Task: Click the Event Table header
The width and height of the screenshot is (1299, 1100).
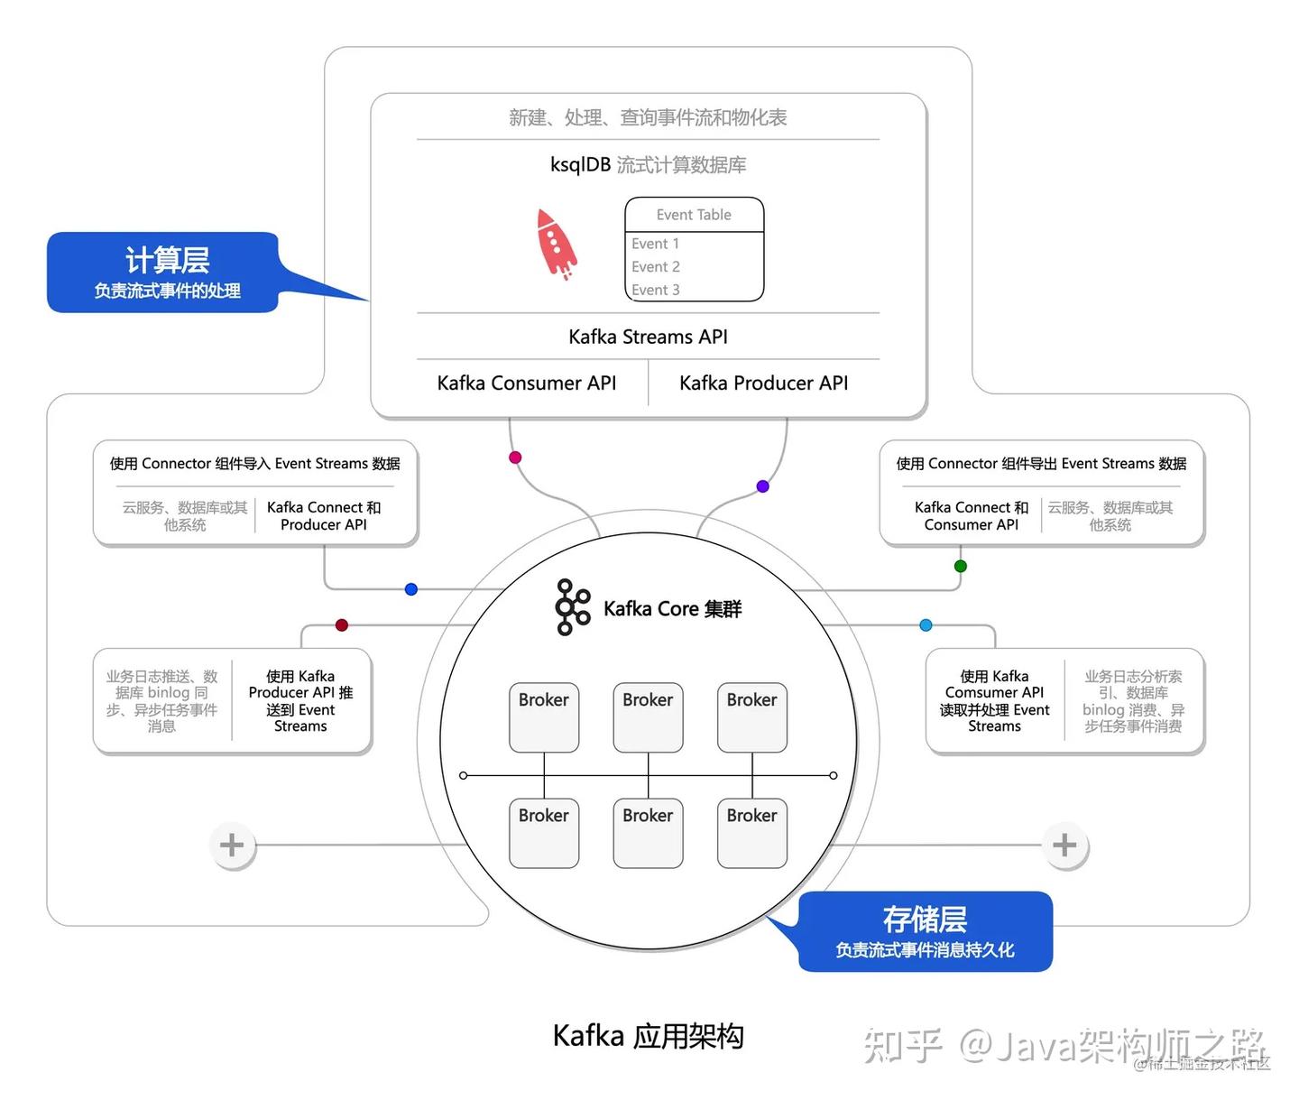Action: click(x=694, y=215)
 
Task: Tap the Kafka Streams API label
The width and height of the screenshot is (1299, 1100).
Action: click(x=648, y=337)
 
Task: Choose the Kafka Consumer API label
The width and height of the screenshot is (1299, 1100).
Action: click(x=526, y=383)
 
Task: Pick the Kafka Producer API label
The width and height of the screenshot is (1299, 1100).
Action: click(x=763, y=383)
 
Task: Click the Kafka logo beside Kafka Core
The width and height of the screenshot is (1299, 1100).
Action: click(x=573, y=607)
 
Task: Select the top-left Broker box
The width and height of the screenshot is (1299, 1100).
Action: click(x=544, y=717)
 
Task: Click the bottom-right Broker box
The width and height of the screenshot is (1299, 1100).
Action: click(x=751, y=833)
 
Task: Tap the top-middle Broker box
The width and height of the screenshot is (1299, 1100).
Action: click(x=648, y=717)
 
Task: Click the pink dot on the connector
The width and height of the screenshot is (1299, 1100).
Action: click(x=515, y=458)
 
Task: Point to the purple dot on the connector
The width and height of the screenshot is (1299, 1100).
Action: click(x=762, y=486)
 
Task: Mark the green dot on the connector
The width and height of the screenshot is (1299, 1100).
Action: click(x=961, y=566)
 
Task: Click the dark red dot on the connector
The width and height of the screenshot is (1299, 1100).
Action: click(x=342, y=624)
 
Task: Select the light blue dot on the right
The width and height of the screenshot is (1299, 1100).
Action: click(x=926, y=624)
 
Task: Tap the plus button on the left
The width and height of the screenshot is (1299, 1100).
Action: click(x=232, y=845)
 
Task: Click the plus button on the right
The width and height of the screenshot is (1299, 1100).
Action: click(x=1064, y=845)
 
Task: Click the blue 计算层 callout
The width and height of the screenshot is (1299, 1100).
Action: click(x=163, y=273)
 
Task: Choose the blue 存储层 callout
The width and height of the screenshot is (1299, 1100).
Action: click(x=925, y=931)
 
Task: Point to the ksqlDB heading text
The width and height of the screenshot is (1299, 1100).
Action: click(x=648, y=165)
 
